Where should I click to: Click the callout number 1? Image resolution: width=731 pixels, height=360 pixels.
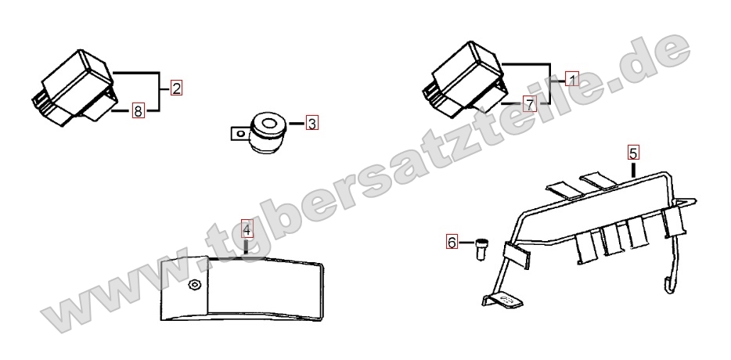[x=572, y=79]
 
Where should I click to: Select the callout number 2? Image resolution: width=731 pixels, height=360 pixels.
[x=176, y=88]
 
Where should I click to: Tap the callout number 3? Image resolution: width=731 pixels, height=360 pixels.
[x=312, y=124]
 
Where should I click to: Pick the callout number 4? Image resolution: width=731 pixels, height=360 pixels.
[x=247, y=230]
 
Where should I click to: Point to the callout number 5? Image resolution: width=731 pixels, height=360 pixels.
[x=633, y=153]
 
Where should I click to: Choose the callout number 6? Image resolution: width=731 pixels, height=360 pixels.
[x=452, y=242]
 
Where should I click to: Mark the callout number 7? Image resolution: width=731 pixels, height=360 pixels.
[x=530, y=104]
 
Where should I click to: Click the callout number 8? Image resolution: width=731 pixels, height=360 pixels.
[x=138, y=111]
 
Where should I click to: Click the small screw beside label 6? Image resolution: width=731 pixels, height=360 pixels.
[x=481, y=250]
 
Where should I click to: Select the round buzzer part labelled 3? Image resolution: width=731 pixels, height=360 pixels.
[x=267, y=132]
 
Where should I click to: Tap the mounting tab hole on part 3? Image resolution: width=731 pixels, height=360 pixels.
[x=240, y=134]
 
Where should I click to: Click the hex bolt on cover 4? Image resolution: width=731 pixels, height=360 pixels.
[x=193, y=284]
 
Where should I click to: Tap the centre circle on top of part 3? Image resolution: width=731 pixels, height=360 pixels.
[x=268, y=124]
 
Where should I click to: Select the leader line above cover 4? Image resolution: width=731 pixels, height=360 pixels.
[x=246, y=247]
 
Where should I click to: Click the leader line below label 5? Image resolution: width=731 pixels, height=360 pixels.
[x=633, y=169]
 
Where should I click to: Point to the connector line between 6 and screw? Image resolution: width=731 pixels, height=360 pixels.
[x=466, y=243]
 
